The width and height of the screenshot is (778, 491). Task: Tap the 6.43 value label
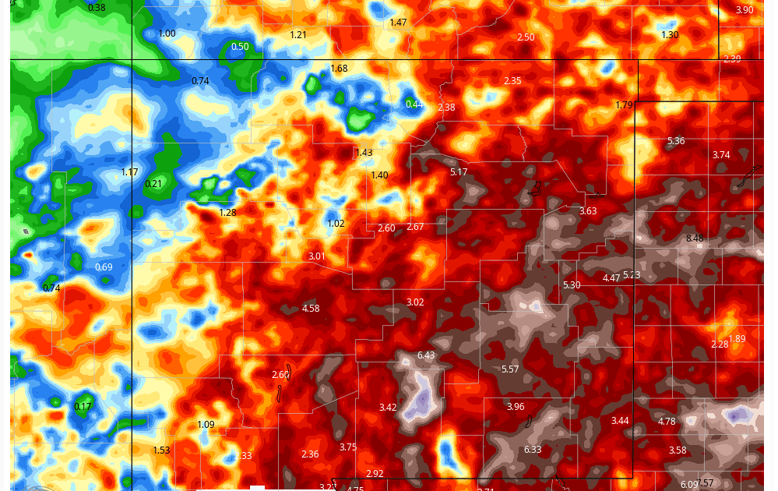426,355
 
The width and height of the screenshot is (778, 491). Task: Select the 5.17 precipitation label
459,171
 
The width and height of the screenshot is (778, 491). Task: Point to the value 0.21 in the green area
154,184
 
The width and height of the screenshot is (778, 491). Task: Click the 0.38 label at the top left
97,8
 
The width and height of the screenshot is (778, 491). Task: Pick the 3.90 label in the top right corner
745,10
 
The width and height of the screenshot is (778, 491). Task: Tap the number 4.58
311,309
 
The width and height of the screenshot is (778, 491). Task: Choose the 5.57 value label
510,369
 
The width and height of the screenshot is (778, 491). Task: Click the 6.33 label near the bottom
533,450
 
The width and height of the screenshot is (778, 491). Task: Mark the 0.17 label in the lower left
83,407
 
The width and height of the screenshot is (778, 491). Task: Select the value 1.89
737,338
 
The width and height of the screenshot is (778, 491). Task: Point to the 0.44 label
414,104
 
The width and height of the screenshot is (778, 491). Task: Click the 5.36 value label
676,141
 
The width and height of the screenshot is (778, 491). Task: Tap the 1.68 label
340,69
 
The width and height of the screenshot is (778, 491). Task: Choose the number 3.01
316,256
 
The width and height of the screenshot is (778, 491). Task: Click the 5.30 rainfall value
572,285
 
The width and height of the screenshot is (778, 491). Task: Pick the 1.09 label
206,425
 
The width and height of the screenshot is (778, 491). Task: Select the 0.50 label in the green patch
240,47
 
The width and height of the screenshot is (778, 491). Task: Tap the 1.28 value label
227,213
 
